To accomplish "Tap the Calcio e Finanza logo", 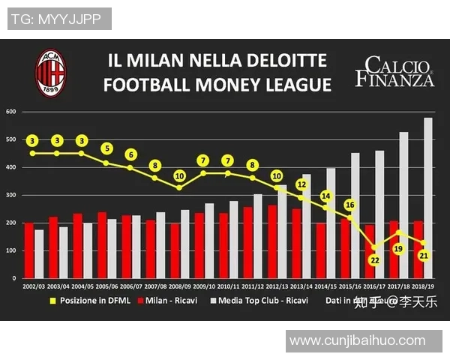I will tap(394, 71).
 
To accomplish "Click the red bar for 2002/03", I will tap(29, 250).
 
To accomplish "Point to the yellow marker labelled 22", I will tap(374, 259).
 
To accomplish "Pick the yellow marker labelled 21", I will tap(423, 256).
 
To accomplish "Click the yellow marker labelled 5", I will tap(106, 148).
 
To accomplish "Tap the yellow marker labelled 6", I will tap(130, 154).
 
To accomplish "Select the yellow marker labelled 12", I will tap(301, 183).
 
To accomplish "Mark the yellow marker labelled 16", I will tap(350, 205).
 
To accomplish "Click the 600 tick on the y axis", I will tap(11, 112).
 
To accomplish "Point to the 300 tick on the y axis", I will tap(11, 195).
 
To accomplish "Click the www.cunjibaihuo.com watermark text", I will tap(357, 341).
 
